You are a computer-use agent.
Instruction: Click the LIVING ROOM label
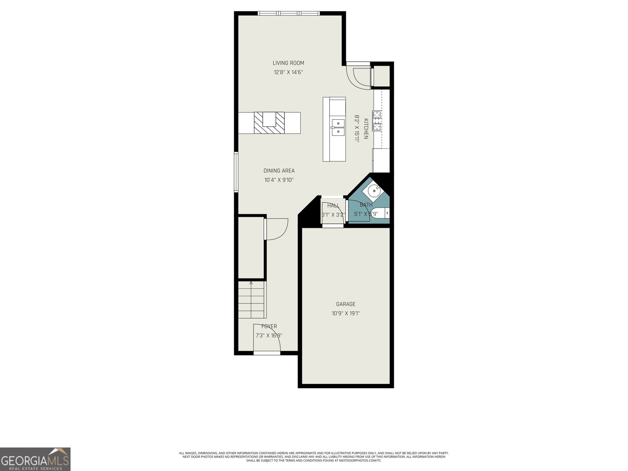[288, 63]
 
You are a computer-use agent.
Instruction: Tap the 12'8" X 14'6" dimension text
[288, 72]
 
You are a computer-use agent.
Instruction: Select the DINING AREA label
[279, 171]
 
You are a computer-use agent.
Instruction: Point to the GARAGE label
[345, 304]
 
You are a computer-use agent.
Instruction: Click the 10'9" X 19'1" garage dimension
[345, 313]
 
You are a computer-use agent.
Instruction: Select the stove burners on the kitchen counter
[377, 120]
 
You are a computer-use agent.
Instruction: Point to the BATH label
[366, 205]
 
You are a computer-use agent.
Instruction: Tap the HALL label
[333, 206]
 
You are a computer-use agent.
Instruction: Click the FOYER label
[269, 326]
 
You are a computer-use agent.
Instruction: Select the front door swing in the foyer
[267, 338]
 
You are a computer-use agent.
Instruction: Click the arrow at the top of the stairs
[251, 283]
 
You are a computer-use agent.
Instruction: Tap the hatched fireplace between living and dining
[269, 123]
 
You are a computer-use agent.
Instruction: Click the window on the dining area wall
[236, 172]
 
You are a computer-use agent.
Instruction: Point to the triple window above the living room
[288, 13]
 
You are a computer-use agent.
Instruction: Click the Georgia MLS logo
[35, 459]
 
